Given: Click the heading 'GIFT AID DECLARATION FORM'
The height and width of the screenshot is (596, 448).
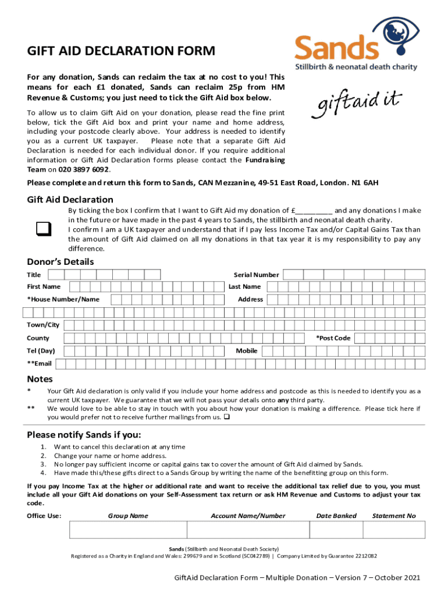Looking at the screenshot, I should click(x=121, y=51).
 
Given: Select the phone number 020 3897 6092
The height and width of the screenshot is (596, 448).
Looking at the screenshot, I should click(x=83, y=169).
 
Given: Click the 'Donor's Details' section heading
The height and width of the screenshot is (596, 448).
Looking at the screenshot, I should click(x=61, y=262).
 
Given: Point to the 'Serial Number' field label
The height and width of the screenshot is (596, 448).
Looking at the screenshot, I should click(x=256, y=275).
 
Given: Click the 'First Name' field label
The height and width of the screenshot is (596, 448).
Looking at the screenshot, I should click(x=44, y=287).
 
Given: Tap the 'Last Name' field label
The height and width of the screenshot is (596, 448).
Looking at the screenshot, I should click(x=244, y=287).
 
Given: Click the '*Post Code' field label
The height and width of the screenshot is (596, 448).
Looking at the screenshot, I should click(x=333, y=338).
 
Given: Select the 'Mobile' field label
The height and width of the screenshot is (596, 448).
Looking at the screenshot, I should click(x=247, y=351).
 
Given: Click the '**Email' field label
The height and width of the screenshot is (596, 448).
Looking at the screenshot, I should click(x=40, y=364).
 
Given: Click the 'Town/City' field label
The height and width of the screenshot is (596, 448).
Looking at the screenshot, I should click(x=43, y=325).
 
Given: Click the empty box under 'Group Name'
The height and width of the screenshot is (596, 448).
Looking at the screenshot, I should click(x=128, y=530).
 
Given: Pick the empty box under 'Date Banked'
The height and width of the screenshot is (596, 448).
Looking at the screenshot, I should click(x=336, y=530).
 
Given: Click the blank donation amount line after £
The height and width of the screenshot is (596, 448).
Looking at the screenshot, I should click(x=315, y=211).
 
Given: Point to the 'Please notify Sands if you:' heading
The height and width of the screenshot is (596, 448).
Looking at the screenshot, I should click(x=84, y=435).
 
